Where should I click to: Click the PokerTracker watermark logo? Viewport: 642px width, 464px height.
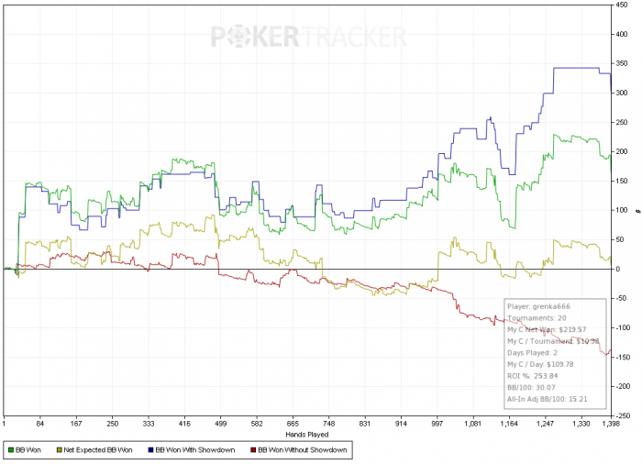point(309,37)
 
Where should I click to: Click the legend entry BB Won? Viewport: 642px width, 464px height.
point(28,451)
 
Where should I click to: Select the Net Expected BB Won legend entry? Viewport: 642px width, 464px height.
point(96,451)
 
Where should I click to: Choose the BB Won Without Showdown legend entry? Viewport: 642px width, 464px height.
point(299,451)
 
